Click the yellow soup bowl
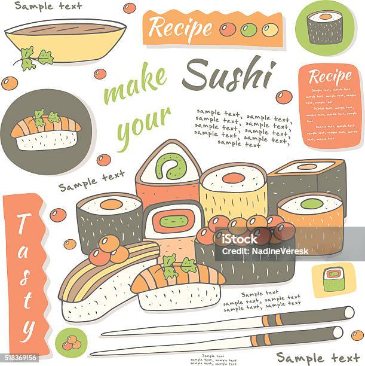click(66, 38)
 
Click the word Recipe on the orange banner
click(180, 28)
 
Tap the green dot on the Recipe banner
click(249, 29)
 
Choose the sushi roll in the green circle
click(325, 26)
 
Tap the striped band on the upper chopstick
click(327, 313)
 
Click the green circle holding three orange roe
click(72, 343)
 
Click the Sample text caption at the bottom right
click(318, 358)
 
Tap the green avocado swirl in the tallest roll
click(170, 165)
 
